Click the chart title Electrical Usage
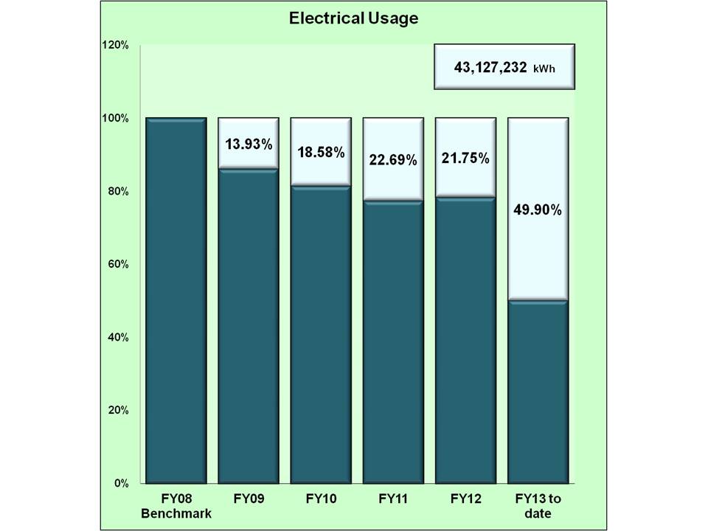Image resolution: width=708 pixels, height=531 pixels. pos(353,18)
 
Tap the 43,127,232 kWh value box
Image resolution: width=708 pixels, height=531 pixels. pos(504,67)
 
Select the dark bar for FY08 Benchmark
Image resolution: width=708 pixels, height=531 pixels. pos(176,300)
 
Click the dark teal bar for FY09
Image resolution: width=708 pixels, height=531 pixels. pos(248,326)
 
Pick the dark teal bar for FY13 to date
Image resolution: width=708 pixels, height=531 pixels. pos(538,392)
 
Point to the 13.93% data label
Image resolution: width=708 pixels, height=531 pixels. pos(248,144)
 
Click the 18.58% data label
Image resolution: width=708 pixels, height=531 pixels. pos(320,153)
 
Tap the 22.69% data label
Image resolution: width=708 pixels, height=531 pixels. pos(392,160)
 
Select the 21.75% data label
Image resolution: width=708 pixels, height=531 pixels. pos(465,159)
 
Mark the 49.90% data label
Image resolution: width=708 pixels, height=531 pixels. pos(538,210)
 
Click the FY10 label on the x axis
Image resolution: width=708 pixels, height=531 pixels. pos(320,499)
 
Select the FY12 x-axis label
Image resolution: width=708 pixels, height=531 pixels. pos(465,499)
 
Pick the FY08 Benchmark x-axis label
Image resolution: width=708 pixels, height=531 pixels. pos(176,506)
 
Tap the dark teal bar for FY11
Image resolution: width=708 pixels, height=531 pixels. pos(392,342)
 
